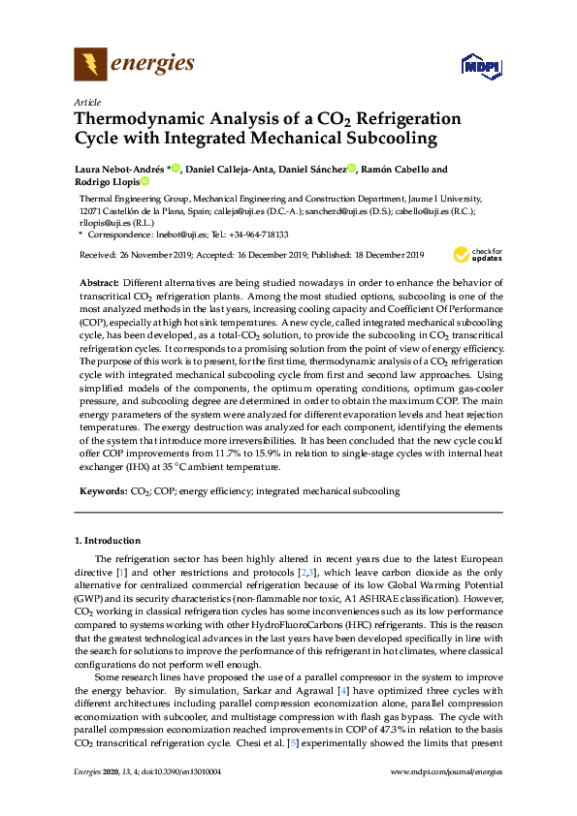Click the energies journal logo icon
(x=90, y=65)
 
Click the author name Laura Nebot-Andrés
(x=119, y=169)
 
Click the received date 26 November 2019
(x=158, y=255)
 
